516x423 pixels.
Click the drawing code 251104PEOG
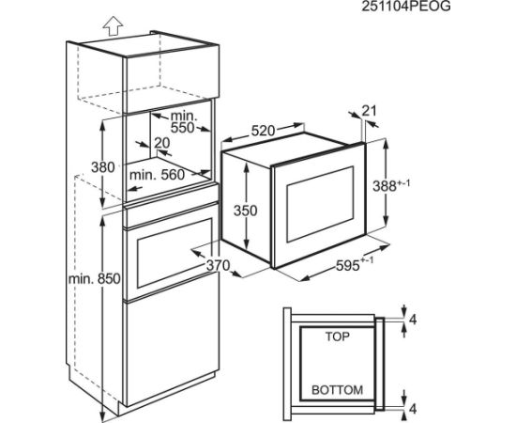[x=406, y=7]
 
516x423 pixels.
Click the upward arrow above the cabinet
[x=113, y=25]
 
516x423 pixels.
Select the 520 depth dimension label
[x=263, y=132]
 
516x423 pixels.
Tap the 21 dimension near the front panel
[x=369, y=111]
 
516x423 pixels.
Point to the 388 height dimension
[x=391, y=185]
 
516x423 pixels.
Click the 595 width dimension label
[x=355, y=264]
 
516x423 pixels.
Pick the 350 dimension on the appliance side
[x=245, y=211]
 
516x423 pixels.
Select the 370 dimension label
[x=218, y=265]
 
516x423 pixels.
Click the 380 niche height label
[x=103, y=167]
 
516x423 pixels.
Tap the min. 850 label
[x=95, y=279]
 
